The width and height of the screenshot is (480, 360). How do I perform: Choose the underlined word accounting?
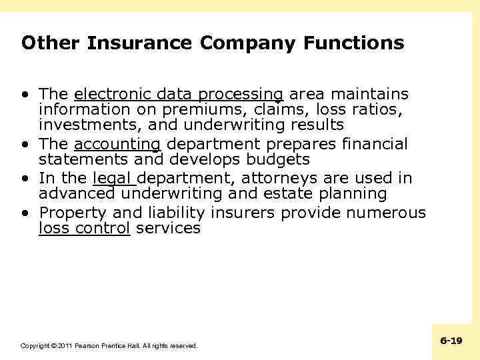117,144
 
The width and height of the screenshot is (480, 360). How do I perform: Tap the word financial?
375,144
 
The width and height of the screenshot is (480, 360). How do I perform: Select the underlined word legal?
113,179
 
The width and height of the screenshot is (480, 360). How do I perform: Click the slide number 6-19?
451,341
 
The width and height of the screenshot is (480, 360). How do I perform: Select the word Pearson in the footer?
88,346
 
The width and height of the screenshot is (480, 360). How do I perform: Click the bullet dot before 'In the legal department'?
25,179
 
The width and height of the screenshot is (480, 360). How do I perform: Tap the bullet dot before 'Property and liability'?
25,213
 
